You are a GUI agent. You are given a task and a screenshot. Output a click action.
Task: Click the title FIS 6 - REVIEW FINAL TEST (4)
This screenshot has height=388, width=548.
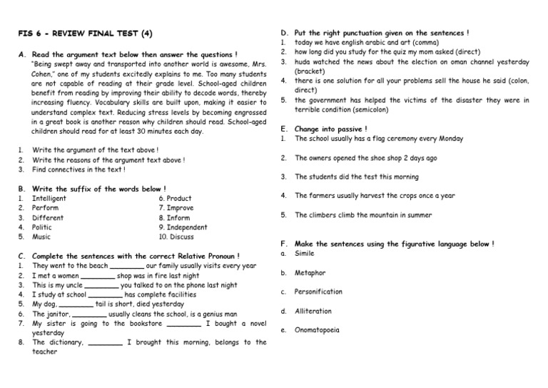[85, 34]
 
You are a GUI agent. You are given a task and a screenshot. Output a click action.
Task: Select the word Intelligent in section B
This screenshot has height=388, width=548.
[49, 199]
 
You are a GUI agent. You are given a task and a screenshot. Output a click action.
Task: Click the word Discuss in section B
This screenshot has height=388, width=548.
[176, 237]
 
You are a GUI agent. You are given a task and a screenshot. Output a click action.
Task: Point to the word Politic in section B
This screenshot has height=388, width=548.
[42, 227]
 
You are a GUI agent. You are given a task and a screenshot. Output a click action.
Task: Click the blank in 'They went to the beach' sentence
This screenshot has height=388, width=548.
[128, 267]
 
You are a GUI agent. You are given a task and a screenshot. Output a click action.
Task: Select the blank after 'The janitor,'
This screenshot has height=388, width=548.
[89, 314]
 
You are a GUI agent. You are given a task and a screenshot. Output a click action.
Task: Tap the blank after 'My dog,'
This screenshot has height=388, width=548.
[76, 304]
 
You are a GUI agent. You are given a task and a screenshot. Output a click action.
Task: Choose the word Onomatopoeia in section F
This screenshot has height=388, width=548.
[317, 330]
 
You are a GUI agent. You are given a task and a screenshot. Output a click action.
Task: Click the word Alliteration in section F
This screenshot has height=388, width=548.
[313, 311]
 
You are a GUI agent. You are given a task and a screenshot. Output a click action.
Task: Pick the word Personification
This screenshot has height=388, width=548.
[318, 292]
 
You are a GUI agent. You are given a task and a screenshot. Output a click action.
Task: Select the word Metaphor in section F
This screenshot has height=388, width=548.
[310, 273]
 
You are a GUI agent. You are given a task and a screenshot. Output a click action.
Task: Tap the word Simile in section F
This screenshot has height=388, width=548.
[305, 254]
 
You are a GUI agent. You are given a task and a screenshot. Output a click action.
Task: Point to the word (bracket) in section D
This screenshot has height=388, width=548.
[310, 71]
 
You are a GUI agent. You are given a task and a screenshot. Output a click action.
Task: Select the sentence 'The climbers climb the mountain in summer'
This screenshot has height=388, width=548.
[363, 215]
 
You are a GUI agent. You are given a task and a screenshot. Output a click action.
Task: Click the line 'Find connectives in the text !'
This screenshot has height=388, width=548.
[79, 169]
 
